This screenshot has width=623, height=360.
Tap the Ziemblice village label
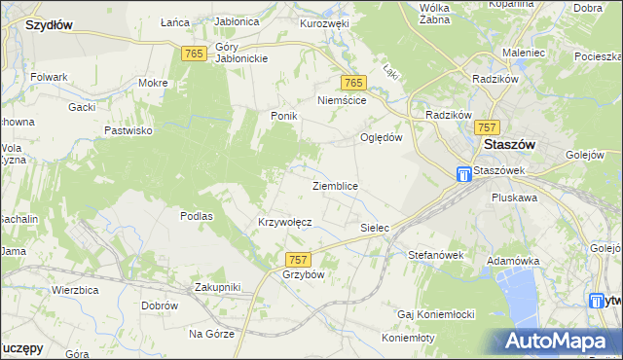[335, 186]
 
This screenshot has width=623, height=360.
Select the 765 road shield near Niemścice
[353, 84]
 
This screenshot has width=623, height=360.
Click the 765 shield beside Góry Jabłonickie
[193, 54]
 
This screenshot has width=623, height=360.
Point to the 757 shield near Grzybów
[299, 259]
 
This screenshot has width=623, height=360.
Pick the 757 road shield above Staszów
[488, 127]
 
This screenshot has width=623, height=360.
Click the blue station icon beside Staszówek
[465, 175]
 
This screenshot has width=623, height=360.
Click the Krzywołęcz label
[284, 222]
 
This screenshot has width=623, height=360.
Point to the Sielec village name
[375, 228]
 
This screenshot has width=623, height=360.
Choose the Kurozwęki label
[324, 22]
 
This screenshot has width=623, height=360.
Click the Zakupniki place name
[217, 287]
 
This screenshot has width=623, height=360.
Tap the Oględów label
[382, 137]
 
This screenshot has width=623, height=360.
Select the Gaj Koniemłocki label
[435, 315]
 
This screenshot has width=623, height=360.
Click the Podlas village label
[197, 216]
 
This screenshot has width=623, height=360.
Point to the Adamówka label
[513, 262]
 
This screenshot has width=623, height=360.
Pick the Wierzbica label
[78, 290]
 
